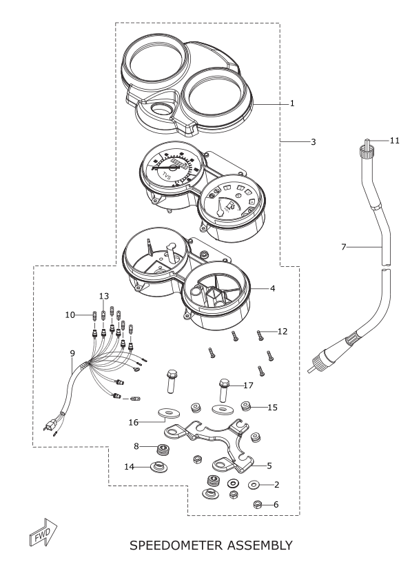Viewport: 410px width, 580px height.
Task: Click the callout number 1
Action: pos(292,103)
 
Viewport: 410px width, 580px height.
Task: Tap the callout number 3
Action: pos(313,141)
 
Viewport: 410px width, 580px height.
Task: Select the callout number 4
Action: pos(272,288)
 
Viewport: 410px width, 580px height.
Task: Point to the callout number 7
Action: pos(343,247)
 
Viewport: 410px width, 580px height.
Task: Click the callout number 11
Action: pos(394,140)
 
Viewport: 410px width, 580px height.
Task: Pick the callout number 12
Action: pos(283,331)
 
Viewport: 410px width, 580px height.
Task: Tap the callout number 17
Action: pos(249,386)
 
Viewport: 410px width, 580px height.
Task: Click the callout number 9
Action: pos(72,353)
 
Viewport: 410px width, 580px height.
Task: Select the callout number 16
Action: pos(134,422)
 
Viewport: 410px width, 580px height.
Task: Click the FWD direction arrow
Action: pos(43,532)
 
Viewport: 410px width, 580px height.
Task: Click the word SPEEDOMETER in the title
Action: pos(176,546)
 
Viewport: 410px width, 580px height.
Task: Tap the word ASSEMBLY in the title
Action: pos(260,546)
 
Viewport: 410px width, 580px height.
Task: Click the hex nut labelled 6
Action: pos(258,504)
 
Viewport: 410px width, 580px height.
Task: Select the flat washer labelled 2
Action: pos(254,484)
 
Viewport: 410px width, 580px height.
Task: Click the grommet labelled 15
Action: pos(245,406)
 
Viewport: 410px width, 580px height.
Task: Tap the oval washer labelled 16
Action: pos(168,411)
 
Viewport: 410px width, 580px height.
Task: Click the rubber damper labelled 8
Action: pos(161,449)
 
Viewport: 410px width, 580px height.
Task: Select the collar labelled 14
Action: pos(159,466)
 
